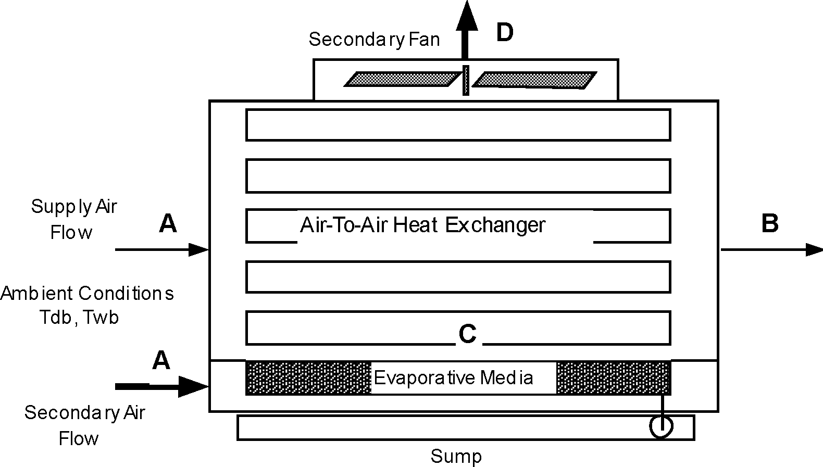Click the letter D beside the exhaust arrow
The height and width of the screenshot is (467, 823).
(x=504, y=32)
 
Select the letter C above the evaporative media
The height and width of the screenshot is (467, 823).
(x=467, y=334)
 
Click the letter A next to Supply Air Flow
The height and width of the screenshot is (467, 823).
(x=168, y=224)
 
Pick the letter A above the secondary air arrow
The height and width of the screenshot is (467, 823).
(x=161, y=360)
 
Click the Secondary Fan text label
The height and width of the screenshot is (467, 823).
(x=374, y=40)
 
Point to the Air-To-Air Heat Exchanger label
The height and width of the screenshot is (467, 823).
(x=422, y=225)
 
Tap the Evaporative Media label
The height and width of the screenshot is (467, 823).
(x=453, y=377)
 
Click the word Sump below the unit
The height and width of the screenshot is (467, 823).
(x=456, y=457)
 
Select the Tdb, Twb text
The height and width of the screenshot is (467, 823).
(x=79, y=317)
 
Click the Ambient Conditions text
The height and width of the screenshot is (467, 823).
(x=87, y=294)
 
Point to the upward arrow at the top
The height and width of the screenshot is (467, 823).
(x=466, y=26)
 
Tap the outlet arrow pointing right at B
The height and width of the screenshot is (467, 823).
(x=771, y=250)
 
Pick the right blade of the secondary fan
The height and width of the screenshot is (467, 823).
(x=534, y=79)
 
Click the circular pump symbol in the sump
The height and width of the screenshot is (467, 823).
(x=661, y=427)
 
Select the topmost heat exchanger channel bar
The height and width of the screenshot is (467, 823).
(x=458, y=125)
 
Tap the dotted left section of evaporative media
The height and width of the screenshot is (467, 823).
(x=307, y=378)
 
